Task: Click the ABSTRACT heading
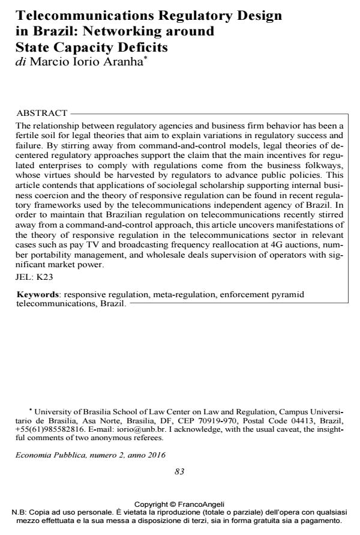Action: pyautogui.click(x=42, y=113)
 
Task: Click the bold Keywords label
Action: pyautogui.click(x=38, y=295)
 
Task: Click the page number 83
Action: pyautogui.click(x=179, y=472)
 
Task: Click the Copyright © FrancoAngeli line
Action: pyautogui.click(x=179, y=504)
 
